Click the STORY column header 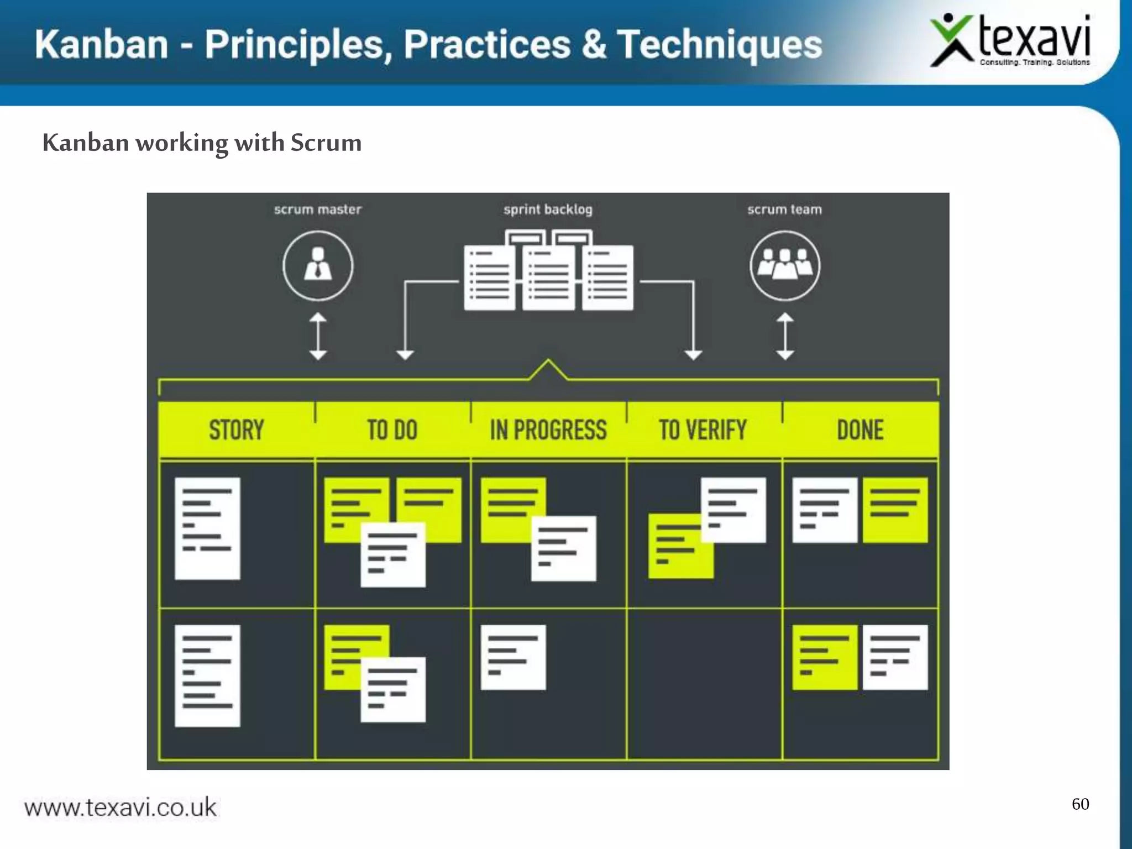tap(237, 430)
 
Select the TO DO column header tap(392, 430)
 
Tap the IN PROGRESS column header tap(548, 430)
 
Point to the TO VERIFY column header tap(703, 430)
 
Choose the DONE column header tap(860, 430)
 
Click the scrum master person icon tap(318, 266)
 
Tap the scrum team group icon tap(785, 266)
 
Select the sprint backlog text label tap(548, 209)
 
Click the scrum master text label tap(318, 209)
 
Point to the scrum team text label tap(784, 209)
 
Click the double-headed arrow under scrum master tap(318, 336)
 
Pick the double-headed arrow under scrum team tap(785, 336)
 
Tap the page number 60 tap(1080, 804)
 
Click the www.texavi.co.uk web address tap(120, 808)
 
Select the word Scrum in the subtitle tap(326, 143)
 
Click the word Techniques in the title tap(720, 44)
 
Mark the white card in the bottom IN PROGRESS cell tap(513, 657)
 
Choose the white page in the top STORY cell tap(207, 528)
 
